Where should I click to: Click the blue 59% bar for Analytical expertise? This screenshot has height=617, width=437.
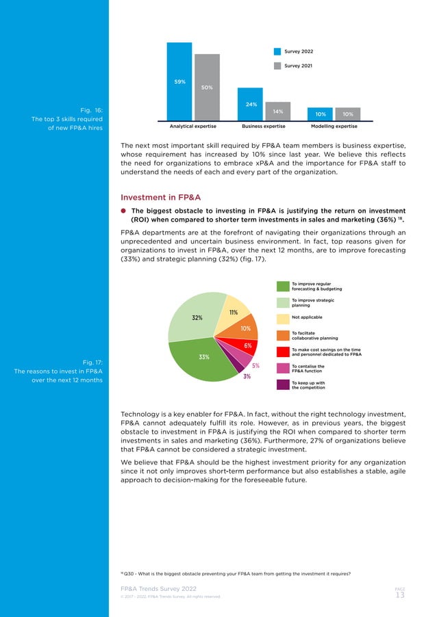[x=180, y=81]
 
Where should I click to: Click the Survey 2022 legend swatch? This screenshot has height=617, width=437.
[x=277, y=51]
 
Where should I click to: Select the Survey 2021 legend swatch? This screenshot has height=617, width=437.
[x=277, y=66]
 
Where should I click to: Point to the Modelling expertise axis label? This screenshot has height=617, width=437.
[x=334, y=127]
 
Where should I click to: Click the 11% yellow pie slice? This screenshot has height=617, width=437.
[x=232, y=314]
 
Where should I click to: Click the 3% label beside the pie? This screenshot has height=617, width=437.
[x=247, y=376]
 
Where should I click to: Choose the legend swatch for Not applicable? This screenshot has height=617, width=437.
[x=283, y=318]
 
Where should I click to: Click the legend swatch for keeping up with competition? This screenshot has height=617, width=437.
[x=283, y=384]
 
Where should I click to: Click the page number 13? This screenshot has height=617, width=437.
[x=401, y=595]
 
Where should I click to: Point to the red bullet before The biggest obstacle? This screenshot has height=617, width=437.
[x=124, y=211]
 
